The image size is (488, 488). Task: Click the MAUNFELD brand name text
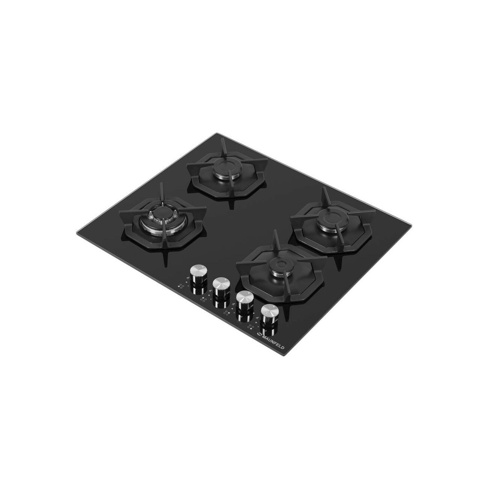pos(274,342)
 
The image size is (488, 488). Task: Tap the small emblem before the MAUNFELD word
pos(259,334)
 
